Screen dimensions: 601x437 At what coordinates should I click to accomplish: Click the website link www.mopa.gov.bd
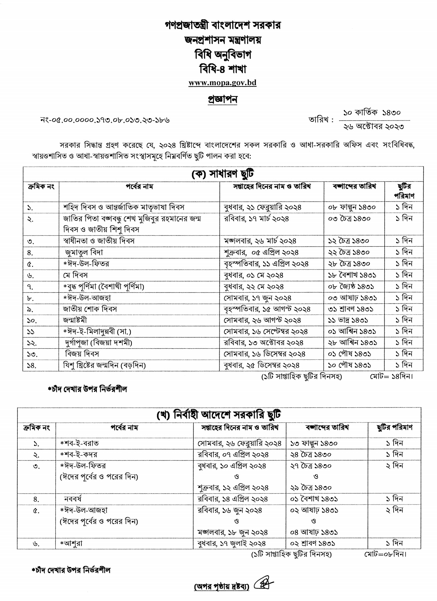pyautogui.click(x=222, y=83)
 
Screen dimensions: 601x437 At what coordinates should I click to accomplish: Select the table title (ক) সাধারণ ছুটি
pyautogui.click(x=223, y=174)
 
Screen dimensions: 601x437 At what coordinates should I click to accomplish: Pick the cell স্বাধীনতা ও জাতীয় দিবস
pyautogui.click(x=99, y=241)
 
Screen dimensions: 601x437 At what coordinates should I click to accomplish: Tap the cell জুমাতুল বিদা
pyautogui.click(x=84, y=253)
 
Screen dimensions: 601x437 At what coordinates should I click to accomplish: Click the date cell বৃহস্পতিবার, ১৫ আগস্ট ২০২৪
pyautogui.click(x=267, y=309)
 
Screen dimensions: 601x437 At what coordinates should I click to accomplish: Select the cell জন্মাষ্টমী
pyautogui.click(x=75, y=320)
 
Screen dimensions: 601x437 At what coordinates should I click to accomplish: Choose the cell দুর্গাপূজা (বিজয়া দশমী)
pyautogui.click(x=98, y=343)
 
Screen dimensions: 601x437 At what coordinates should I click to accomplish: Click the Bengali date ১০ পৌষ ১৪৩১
pyautogui.click(x=349, y=365)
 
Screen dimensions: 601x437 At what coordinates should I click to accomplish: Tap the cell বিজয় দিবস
pyautogui.click(x=82, y=354)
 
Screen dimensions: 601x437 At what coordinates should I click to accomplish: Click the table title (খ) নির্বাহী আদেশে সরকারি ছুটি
pyautogui.click(x=219, y=415)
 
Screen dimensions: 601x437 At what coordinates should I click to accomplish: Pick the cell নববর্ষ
pyautogui.click(x=73, y=499)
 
